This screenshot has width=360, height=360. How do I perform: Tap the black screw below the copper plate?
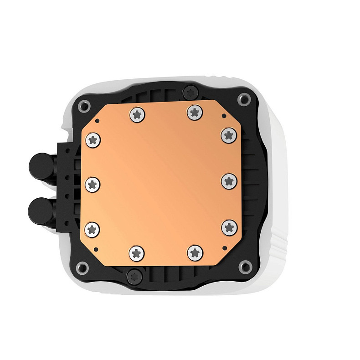(x=134, y=275)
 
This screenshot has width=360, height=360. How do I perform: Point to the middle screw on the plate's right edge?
(x=229, y=181)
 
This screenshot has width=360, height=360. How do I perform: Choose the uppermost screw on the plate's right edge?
(x=228, y=134)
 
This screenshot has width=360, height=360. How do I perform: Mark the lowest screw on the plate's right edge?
(x=229, y=226)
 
